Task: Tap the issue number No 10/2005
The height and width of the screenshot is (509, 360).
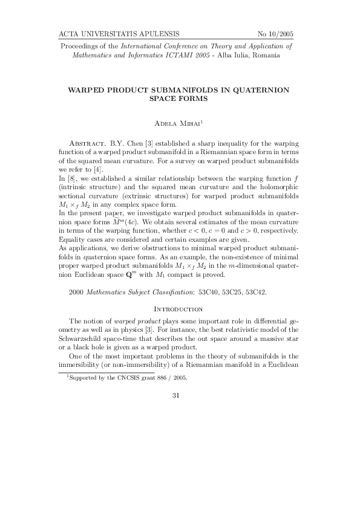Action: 276,33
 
